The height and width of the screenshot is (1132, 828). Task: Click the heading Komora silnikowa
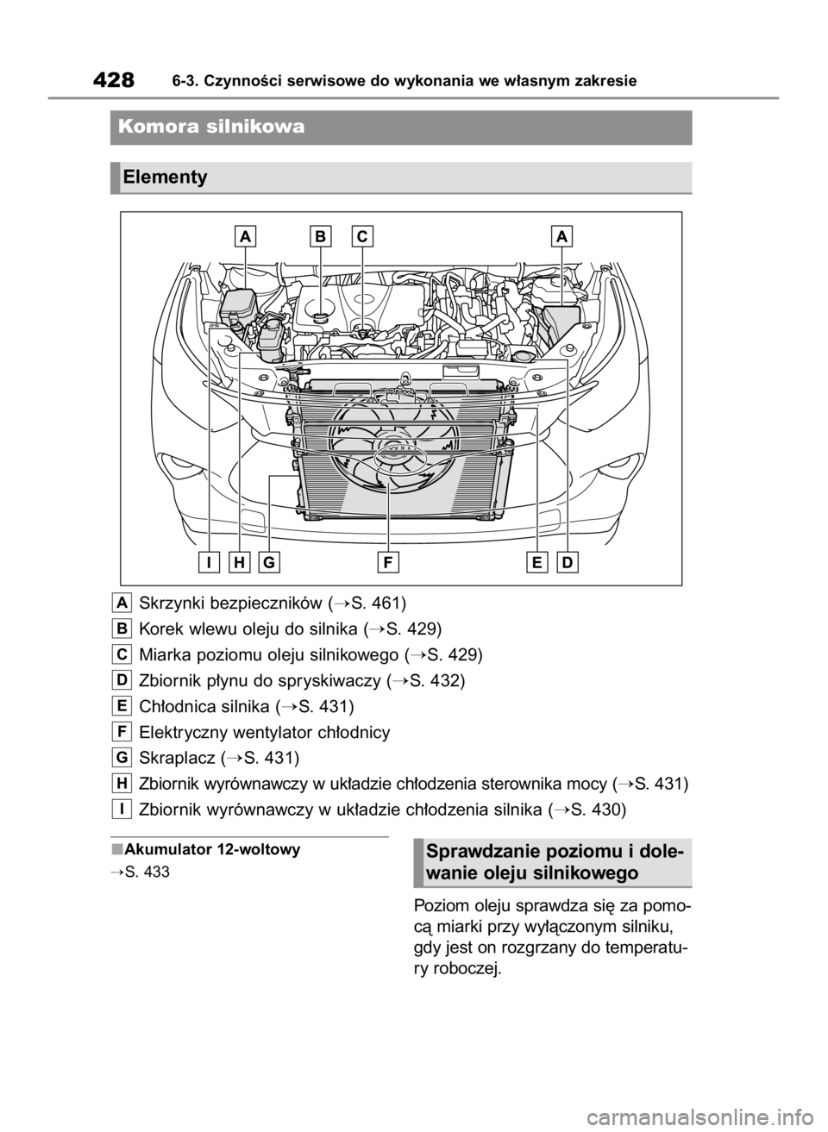coord(213,127)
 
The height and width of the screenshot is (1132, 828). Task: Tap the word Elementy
coord(165,178)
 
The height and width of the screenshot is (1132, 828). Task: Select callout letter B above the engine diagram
coord(321,235)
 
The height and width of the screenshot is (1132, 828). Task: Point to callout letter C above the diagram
coord(363,235)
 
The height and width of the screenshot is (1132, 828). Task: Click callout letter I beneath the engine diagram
coord(209,563)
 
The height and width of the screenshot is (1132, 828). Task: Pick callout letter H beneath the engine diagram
coord(239,563)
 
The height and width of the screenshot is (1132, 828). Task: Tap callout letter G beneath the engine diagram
coord(269,563)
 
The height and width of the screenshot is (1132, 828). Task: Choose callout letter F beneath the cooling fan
coord(389,563)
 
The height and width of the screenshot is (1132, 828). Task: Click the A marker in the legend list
coord(122,601)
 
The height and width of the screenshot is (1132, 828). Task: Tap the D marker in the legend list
coord(122,679)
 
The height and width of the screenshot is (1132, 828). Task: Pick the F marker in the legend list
coord(122,731)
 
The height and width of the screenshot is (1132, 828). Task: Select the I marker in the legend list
coord(122,809)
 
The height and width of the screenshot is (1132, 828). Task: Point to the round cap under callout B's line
coord(321,316)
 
